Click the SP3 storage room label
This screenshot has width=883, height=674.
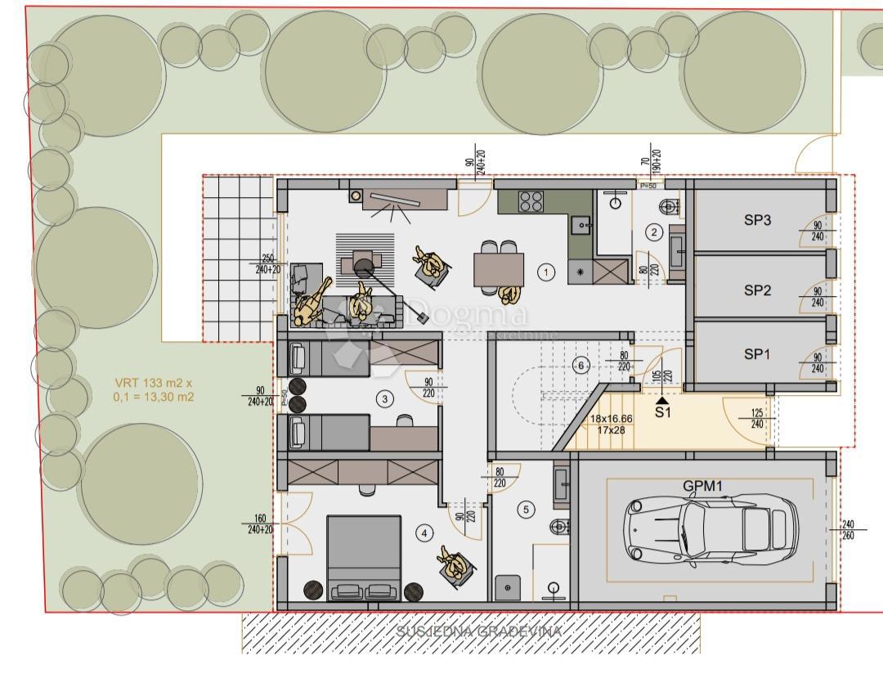tap(757, 220)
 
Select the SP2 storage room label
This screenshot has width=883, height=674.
tap(757, 290)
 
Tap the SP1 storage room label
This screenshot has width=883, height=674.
tap(757, 354)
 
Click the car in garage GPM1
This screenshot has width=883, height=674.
tap(710, 529)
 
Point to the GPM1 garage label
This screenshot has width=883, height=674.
tap(703, 485)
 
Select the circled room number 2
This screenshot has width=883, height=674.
tap(653, 231)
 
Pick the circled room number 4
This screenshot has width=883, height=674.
tap(424, 534)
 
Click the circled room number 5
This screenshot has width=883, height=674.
tap(526, 510)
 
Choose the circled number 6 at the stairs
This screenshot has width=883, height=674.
tap(581, 365)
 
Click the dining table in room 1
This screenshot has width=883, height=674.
tap(499, 268)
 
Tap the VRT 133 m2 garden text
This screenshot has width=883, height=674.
tap(154, 389)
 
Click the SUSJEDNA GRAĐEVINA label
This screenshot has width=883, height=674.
tap(478, 631)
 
